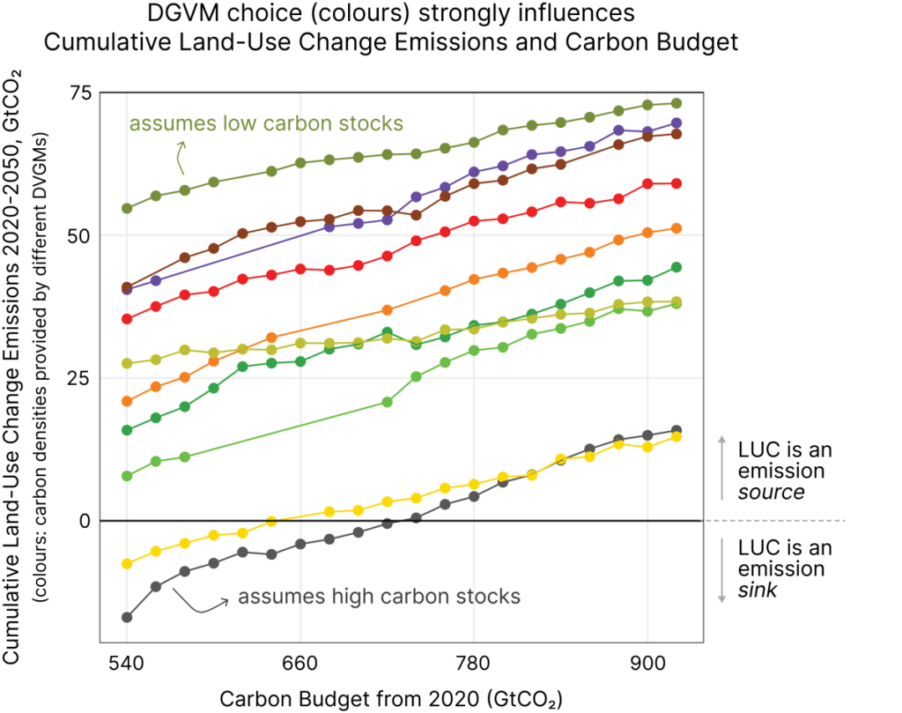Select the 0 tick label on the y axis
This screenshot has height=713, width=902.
coord(85,521)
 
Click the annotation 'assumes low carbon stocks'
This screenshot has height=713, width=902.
coord(266,123)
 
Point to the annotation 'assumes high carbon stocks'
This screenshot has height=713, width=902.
coord(380,597)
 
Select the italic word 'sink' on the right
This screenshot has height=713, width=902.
coord(758,590)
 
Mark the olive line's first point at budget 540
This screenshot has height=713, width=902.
coord(127,208)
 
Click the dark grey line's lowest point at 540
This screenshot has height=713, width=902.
coord(127,617)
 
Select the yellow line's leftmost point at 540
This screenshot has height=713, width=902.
coord(127,563)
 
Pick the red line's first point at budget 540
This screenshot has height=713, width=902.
coord(127,318)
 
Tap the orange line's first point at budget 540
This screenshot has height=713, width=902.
coord(127,401)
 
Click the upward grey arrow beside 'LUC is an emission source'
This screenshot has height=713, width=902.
coord(722,467)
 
